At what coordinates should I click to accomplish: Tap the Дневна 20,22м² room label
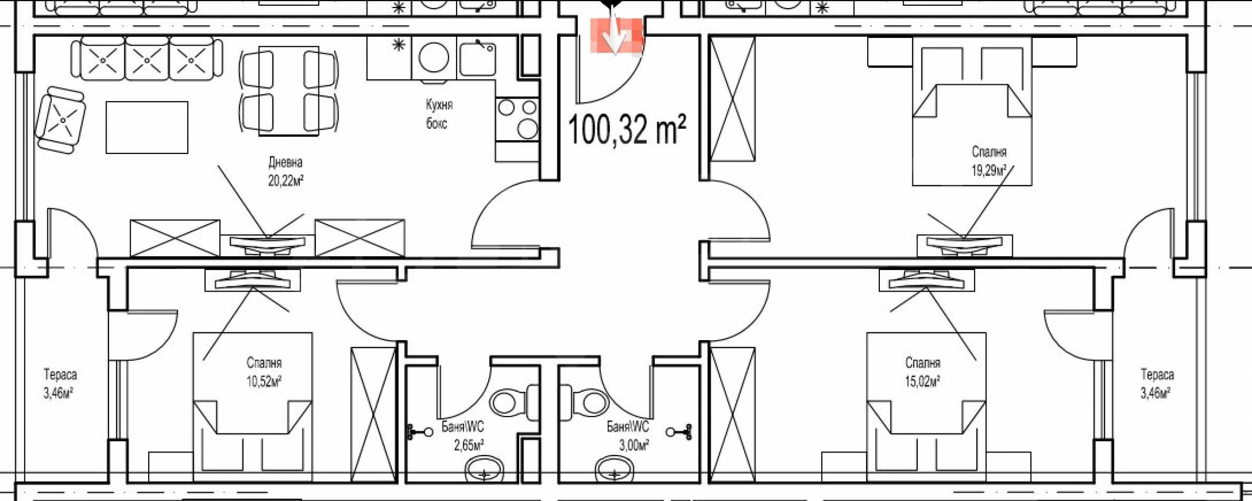[x=286, y=171]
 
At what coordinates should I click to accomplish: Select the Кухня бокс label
[x=439, y=114]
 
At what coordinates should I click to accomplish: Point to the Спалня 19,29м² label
[x=989, y=161]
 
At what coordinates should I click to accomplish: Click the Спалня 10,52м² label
[x=264, y=372]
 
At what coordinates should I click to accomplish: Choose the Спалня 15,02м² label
[x=923, y=372]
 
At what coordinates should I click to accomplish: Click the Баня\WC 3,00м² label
[x=628, y=436]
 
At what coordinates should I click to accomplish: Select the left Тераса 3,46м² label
[x=60, y=384]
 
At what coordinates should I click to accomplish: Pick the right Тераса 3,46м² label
[x=1157, y=384]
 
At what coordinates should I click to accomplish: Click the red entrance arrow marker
[x=616, y=35]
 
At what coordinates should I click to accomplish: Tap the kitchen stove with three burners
[x=517, y=119]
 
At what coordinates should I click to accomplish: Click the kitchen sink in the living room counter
[x=477, y=58]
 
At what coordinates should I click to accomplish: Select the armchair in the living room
[x=61, y=120]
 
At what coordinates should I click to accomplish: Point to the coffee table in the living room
[x=147, y=128]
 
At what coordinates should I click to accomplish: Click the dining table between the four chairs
[x=288, y=91]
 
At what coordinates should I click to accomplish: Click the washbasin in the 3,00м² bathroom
[x=615, y=469]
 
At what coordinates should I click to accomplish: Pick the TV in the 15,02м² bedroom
[x=926, y=280]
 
